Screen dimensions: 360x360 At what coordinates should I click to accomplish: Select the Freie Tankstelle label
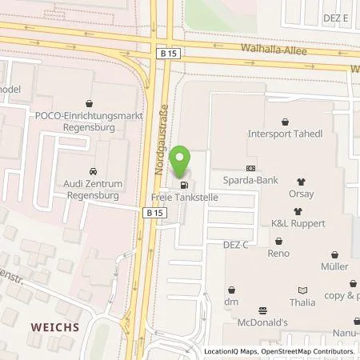(x=184, y=195)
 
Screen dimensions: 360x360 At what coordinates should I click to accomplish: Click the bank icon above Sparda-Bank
(x=250, y=168)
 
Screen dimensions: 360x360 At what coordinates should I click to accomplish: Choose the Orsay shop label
(x=301, y=194)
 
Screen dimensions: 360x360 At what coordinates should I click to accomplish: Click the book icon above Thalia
(x=302, y=290)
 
